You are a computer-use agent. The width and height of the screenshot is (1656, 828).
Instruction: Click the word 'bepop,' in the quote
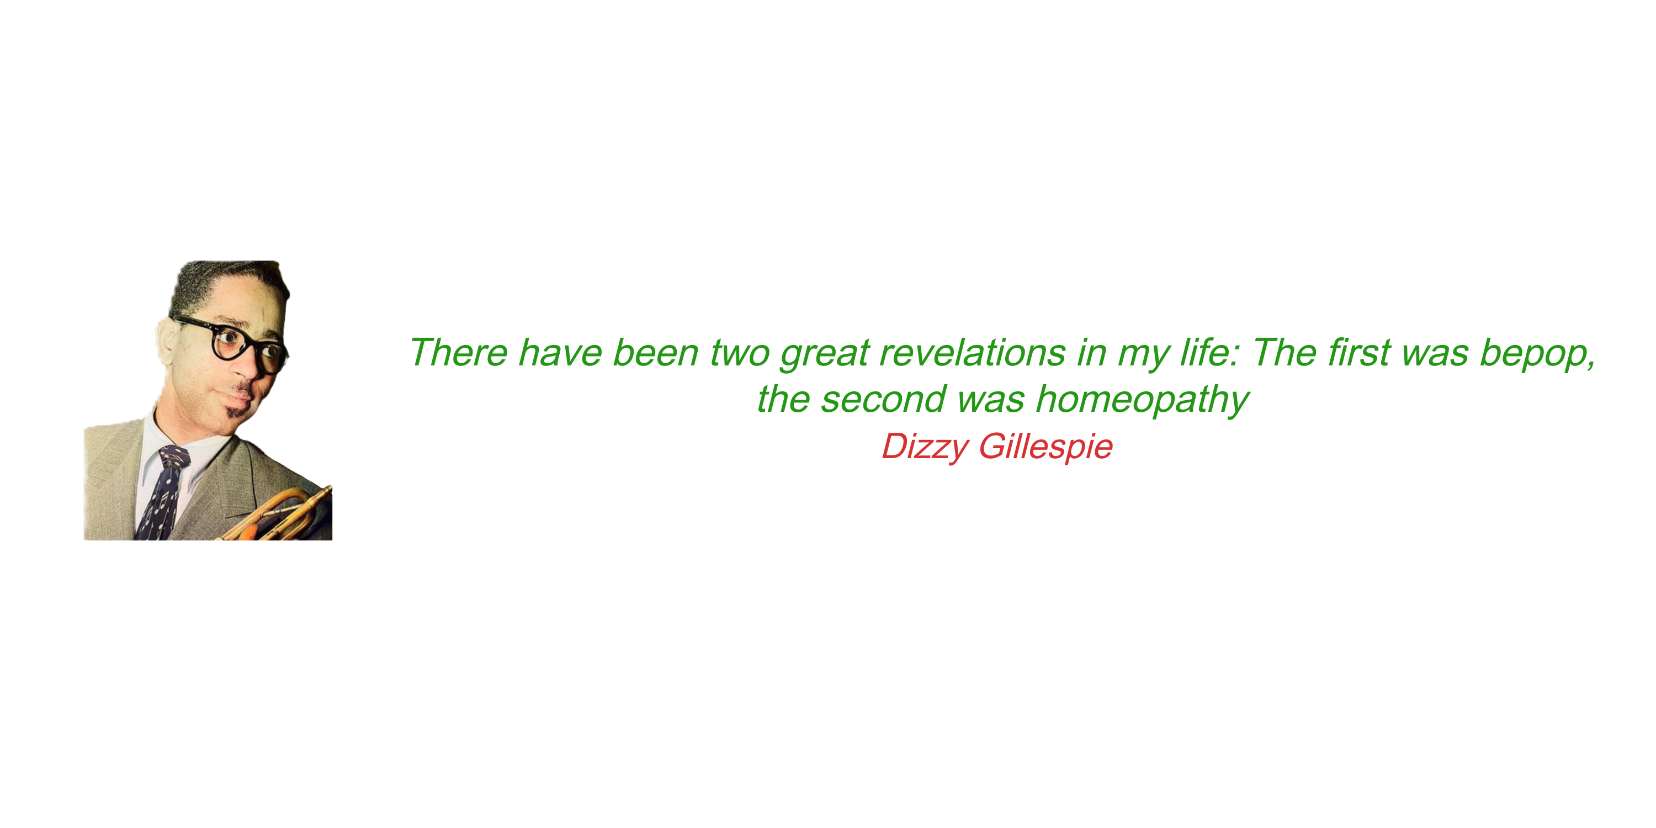pyautogui.click(x=1537, y=354)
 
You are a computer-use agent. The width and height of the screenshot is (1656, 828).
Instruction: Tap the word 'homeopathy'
pyautogui.click(x=1142, y=400)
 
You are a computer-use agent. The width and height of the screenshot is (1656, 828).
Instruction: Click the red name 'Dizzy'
pyautogui.click(x=925, y=447)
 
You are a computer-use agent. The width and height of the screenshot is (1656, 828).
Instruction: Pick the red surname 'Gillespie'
pyautogui.click(x=1045, y=447)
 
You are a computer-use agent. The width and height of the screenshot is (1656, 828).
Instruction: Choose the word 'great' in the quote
pyautogui.click(x=825, y=354)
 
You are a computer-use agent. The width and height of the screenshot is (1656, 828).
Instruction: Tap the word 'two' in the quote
pyautogui.click(x=739, y=354)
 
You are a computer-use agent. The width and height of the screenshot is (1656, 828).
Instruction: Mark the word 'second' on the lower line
pyautogui.click(x=883, y=399)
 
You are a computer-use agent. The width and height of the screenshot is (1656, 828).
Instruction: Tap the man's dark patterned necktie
pyautogui.click(x=163, y=492)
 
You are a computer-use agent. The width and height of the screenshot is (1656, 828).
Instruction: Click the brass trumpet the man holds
pyautogui.click(x=283, y=514)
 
